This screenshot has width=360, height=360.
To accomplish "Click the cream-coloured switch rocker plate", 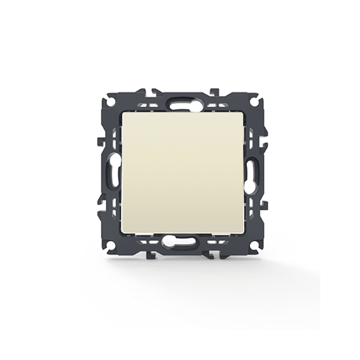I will click(x=184, y=172).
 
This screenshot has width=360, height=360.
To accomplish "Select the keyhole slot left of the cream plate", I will click(x=112, y=173).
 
